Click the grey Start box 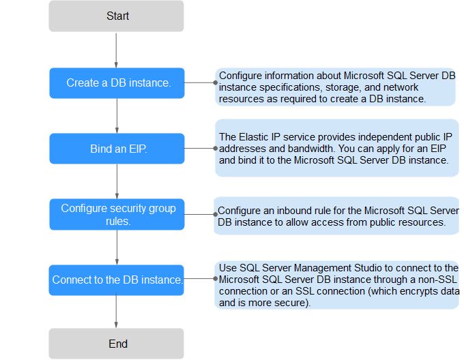pos(116,16)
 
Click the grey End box pos(116,344)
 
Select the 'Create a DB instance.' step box pos(117,83)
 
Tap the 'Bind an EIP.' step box pos(117,149)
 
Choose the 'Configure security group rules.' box pos(117,214)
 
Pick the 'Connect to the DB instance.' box pos(116,280)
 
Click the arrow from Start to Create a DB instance pos(116,50)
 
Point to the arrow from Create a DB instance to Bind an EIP pos(117,116)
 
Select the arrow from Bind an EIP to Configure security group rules pos(117,181)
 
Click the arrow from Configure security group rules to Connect pos(117,247)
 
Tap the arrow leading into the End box pos(116,310)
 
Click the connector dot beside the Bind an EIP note pos(216,149)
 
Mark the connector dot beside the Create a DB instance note pos(216,82)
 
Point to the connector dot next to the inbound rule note pos(216,214)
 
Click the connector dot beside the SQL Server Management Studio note pos(216,278)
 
